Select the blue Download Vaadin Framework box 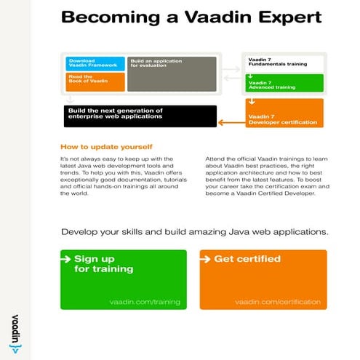tap(95, 63)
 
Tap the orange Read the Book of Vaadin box tap(95, 81)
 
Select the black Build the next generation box tap(140, 115)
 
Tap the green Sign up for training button tap(121, 280)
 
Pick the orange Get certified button tap(263, 280)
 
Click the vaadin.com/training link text tap(144, 301)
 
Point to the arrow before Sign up tap(68, 258)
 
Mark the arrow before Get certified tap(207, 258)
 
